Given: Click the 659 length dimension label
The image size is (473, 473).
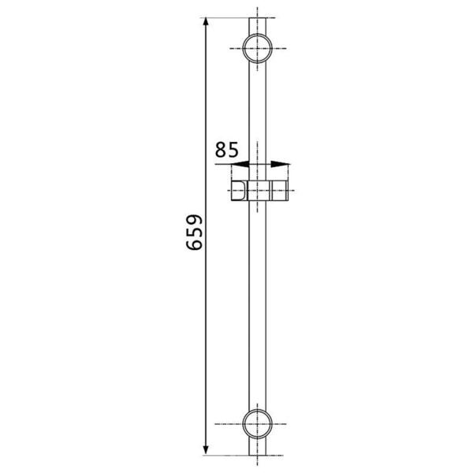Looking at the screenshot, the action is coord(194,233).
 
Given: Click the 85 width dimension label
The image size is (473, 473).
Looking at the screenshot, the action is coord(227,150).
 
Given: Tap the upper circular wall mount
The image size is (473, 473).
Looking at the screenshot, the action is coord(257,48).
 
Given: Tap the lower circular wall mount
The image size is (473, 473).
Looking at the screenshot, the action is coord(257,424).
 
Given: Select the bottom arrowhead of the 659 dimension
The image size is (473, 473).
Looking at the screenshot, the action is coord(206,449).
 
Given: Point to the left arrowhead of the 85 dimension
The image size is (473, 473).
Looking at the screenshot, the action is coord(240,165).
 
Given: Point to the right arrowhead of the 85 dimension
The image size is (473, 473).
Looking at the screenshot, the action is coord(280,165).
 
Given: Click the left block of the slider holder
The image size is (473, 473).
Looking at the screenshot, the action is coord(240,191).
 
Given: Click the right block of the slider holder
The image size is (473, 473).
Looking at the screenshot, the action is coord(279,191).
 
